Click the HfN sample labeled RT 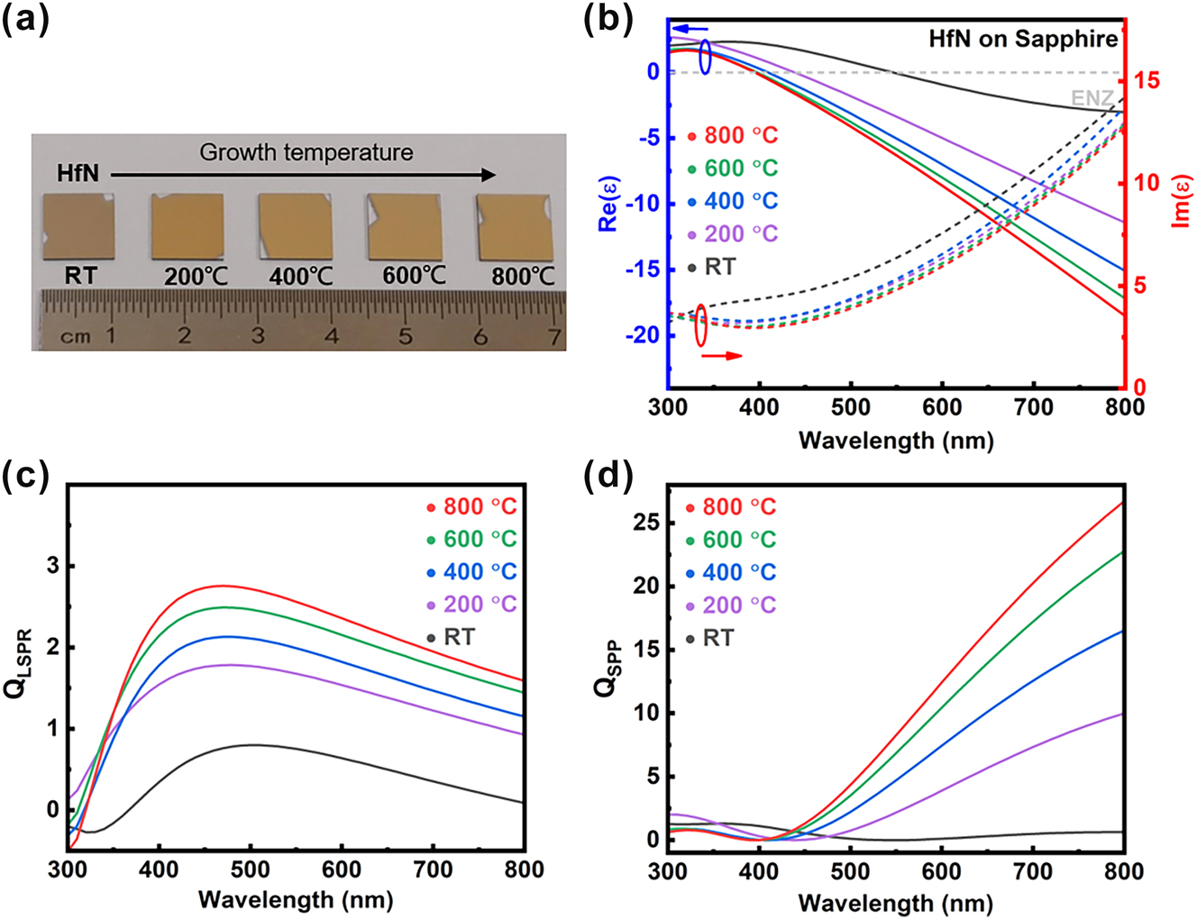[x=78, y=228]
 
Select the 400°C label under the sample [x=301, y=276]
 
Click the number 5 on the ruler [x=406, y=336]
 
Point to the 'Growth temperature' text [x=306, y=152]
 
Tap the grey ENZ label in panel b [x=1092, y=98]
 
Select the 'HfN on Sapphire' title [x=1023, y=39]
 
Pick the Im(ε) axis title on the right [x=1183, y=202]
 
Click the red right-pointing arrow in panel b [x=721, y=356]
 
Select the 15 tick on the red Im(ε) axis [x=1147, y=80]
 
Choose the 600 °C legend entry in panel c [x=471, y=539]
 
